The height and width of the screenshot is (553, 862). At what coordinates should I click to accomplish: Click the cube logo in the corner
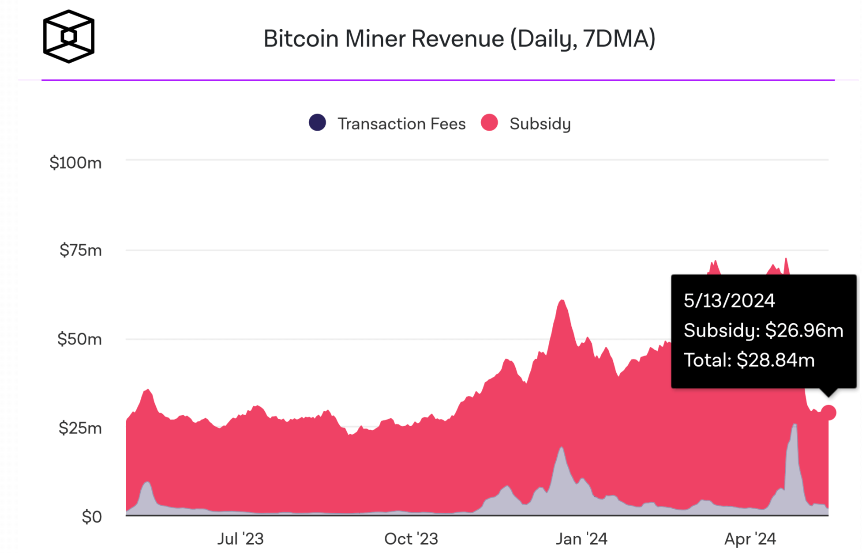[x=69, y=36]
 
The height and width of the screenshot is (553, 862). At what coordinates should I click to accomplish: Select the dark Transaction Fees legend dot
[x=317, y=123]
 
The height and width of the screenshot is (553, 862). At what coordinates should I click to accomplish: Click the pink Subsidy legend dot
[x=489, y=123]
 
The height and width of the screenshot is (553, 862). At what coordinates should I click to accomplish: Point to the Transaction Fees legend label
[x=401, y=124]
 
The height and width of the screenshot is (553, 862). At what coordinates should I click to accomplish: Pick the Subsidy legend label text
[x=540, y=124]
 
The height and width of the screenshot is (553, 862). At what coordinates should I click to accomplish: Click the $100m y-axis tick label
[x=75, y=163]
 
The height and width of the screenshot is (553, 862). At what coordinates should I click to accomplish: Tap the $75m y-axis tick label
[x=80, y=250]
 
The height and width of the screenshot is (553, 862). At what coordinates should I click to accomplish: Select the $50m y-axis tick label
[x=79, y=339]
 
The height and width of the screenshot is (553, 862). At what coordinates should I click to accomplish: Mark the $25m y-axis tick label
[x=80, y=428]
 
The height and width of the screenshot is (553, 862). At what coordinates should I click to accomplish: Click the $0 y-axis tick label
[x=91, y=516]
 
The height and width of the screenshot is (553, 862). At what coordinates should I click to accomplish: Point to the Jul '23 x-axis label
[x=240, y=539]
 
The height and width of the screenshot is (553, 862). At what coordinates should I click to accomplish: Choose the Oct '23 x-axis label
[x=411, y=539]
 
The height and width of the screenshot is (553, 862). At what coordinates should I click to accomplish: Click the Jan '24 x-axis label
[x=581, y=539]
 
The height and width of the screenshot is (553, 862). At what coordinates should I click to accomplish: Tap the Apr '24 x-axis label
[x=750, y=539]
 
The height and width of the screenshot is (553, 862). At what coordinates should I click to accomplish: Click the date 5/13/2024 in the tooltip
[x=729, y=301]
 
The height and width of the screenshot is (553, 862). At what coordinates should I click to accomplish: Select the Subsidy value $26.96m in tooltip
[x=804, y=330]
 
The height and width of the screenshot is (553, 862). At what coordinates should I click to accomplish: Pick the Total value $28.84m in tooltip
[x=776, y=360]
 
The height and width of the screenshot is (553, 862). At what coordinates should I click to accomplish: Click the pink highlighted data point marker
[x=828, y=413]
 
